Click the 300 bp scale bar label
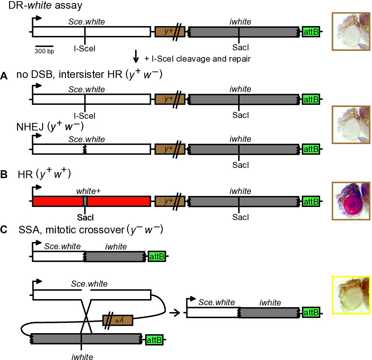[x=44, y=51]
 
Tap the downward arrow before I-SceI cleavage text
[x=136, y=56]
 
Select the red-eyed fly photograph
[x=351, y=201]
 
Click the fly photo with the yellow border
[x=351, y=295]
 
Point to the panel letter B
[x=4, y=174]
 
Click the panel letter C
[x=4, y=230]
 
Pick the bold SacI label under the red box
[x=85, y=217]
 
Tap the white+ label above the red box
[x=88, y=191]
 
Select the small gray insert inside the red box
[x=85, y=201]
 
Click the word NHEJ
[x=30, y=127]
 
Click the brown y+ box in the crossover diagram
[x=118, y=320]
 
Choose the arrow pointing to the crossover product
[x=175, y=313]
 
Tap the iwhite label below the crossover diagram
[x=82, y=357]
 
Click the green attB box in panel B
[x=311, y=202]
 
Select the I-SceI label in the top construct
[x=85, y=49]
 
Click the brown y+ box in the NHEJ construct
[x=170, y=149]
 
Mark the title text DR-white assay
[x=45, y=5]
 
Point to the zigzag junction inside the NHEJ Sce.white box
[x=85, y=149]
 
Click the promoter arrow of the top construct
[x=36, y=21]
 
